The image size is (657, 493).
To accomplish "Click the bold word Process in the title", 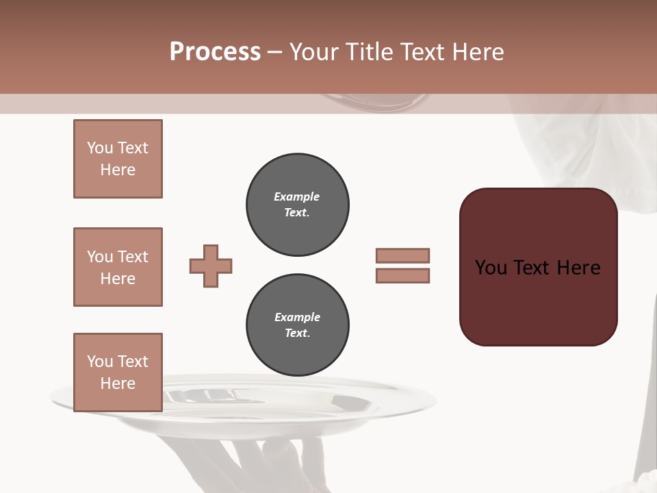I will [x=215, y=52].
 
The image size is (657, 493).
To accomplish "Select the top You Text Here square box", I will [x=118, y=159].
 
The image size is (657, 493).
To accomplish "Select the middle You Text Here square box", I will [x=118, y=267].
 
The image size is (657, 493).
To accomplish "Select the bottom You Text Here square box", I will [x=118, y=372].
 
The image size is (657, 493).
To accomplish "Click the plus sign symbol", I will [x=211, y=266].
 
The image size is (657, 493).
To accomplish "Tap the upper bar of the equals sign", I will [x=402, y=255].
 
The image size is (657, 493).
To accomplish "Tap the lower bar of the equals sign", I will [x=402, y=275].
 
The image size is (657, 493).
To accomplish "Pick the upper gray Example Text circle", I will [x=298, y=205].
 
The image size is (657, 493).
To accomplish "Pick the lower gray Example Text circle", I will [x=298, y=325].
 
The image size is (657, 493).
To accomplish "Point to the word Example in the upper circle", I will [x=297, y=197].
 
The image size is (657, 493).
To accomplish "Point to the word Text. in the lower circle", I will [x=298, y=333].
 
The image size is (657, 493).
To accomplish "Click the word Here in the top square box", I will [x=118, y=170].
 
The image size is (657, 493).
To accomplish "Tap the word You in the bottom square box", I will [x=100, y=361].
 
